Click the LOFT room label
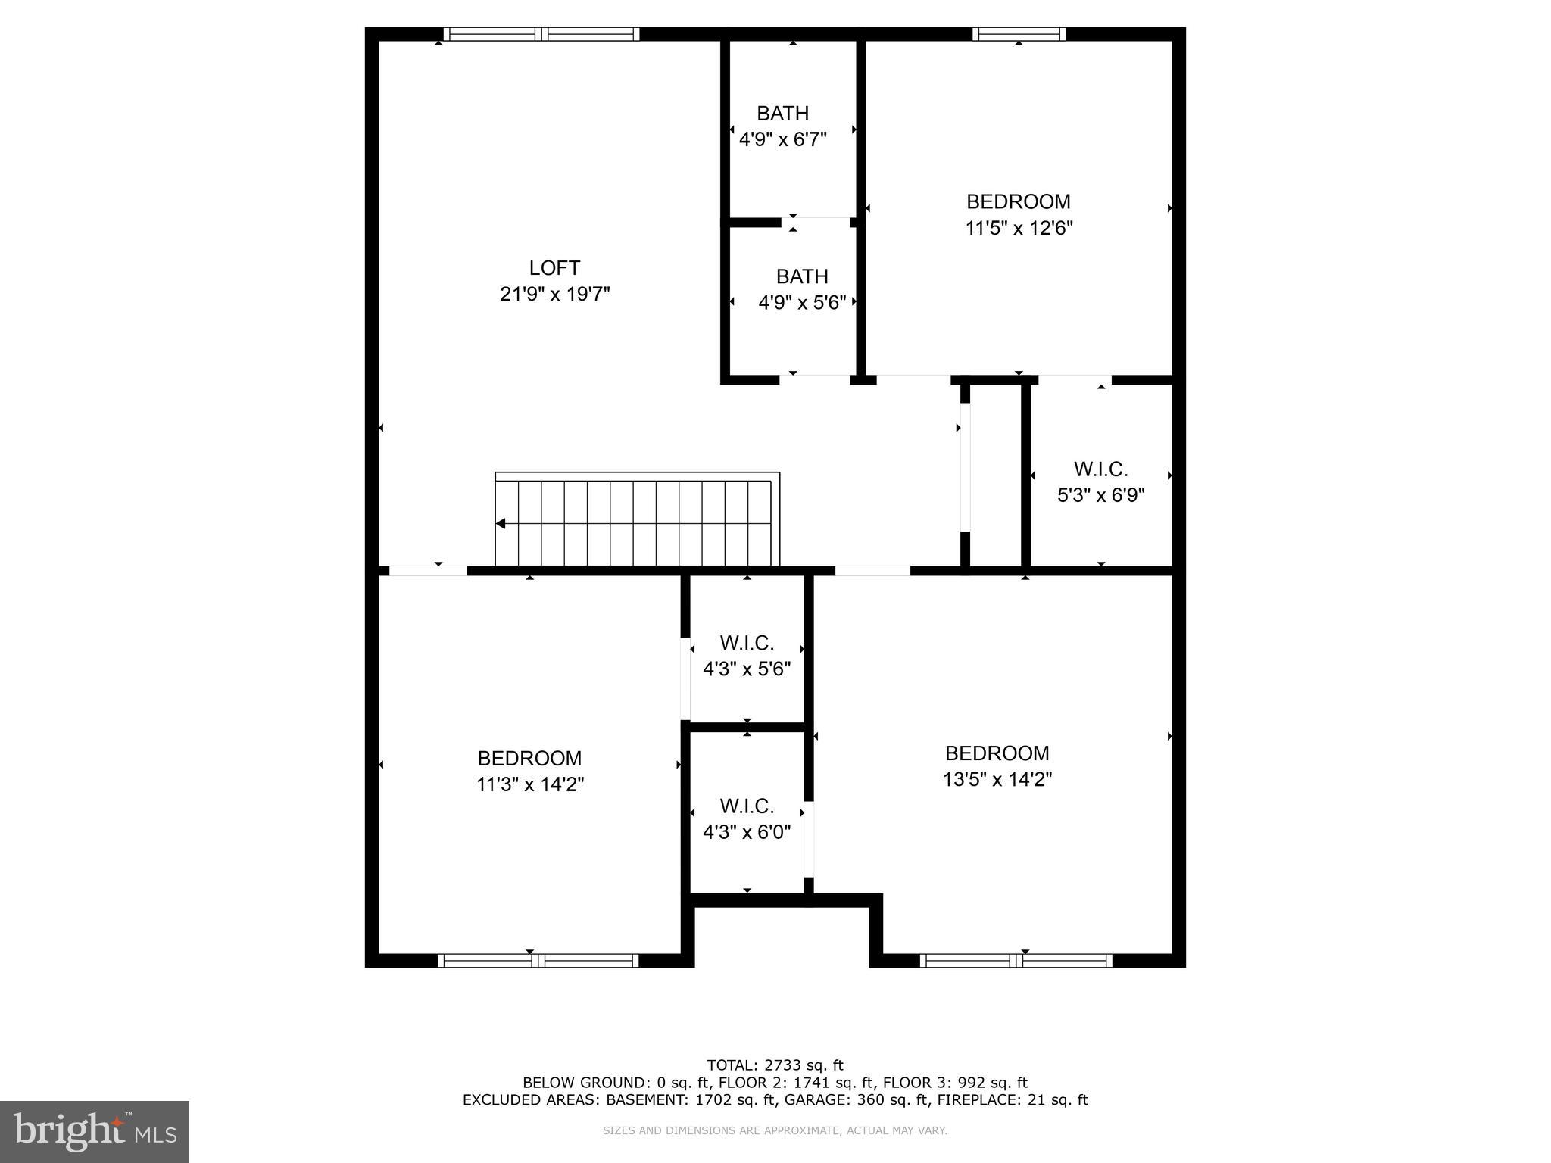[x=554, y=268]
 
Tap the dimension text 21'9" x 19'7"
[x=554, y=294]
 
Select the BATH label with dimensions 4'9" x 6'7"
[x=782, y=114]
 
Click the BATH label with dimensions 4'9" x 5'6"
[x=802, y=276]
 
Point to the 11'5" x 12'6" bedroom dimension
[x=1019, y=228]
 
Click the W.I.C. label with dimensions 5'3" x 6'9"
[x=1100, y=469]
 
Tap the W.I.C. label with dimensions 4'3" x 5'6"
[x=747, y=643]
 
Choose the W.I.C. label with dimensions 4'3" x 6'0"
[x=747, y=806]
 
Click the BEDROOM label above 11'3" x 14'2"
[x=529, y=758]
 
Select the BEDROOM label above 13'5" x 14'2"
[x=997, y=753]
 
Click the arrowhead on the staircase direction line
[x=501, y=523]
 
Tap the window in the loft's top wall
[x=541, y=34]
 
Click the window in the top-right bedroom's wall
[x=1019, y=34]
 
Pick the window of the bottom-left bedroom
[x=538, y=961]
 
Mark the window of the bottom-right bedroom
[x=1016, y=961]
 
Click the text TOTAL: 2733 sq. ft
[x=775, y=1065]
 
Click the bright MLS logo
[x=95, y=1131]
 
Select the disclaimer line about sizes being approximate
[x=775, y=1130]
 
